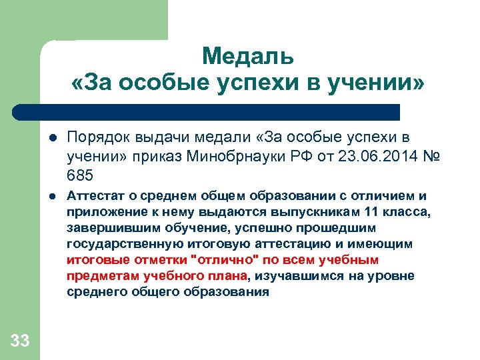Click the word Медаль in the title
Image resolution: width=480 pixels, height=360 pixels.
click(x=247, y=56)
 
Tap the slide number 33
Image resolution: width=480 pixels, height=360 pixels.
click(x=20, y=341)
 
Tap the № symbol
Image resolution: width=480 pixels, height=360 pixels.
click(x=431, y=157)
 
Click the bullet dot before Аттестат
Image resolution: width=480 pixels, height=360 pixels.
click(x=51, y=197)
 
